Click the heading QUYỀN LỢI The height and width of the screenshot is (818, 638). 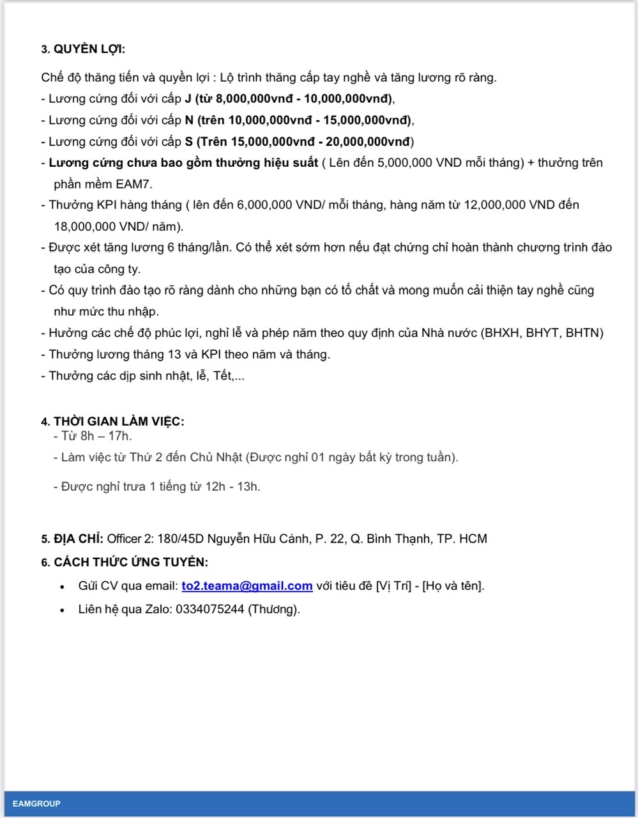point(89,49)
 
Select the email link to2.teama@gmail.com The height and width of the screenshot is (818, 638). point(247,585)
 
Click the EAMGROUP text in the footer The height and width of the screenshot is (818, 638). point(36,803)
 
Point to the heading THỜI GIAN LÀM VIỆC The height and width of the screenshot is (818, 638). point(119,421)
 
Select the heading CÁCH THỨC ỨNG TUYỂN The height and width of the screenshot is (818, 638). point(131,562)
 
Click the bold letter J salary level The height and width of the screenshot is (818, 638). point(188,99)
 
